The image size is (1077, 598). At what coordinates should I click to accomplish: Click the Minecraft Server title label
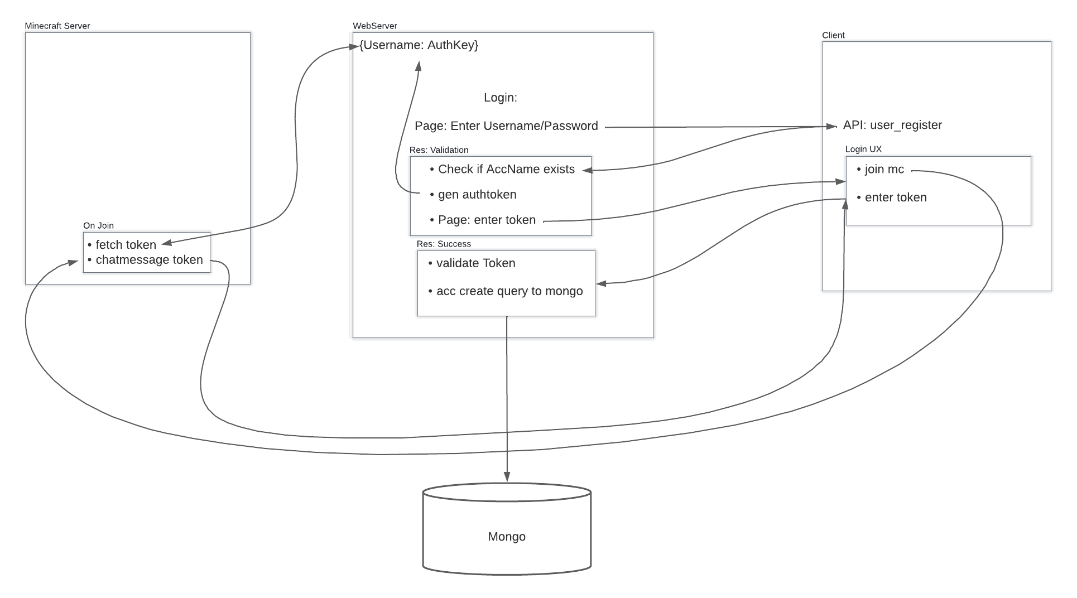[57, 26]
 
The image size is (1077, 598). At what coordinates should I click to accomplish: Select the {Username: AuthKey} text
[419, 45]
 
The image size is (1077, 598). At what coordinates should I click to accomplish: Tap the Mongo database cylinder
[507, 530]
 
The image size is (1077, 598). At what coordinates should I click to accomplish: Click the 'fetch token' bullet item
[126, 245]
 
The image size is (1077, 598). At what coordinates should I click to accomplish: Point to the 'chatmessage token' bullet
[149, 260]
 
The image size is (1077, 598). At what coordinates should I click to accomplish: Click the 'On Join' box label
[98, 225]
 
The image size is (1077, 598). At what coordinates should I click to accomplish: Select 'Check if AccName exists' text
[506, 169]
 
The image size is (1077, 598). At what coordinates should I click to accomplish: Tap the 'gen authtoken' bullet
[477, 195]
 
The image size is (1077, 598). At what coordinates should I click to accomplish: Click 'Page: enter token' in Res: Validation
[487, 220]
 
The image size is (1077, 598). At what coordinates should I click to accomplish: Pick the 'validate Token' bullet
[475, 263]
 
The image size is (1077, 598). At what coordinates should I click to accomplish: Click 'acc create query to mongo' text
[509, 291]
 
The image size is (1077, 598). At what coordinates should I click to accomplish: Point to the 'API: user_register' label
[892, 125]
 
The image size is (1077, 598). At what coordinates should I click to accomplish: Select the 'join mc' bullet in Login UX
[884, 169]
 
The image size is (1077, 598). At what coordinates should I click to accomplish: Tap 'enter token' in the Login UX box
[895, 197]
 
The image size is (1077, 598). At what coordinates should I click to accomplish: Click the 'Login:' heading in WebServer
[500, 98]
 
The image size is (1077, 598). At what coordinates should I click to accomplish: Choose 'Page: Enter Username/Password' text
[506, 126]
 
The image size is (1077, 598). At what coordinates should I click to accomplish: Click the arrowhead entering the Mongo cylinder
[507, 477]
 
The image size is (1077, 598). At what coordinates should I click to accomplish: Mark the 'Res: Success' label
[444, 244]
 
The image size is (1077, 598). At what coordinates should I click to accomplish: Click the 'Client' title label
[833, 35]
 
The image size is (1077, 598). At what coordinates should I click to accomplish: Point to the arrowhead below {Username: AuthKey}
[419, 66]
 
